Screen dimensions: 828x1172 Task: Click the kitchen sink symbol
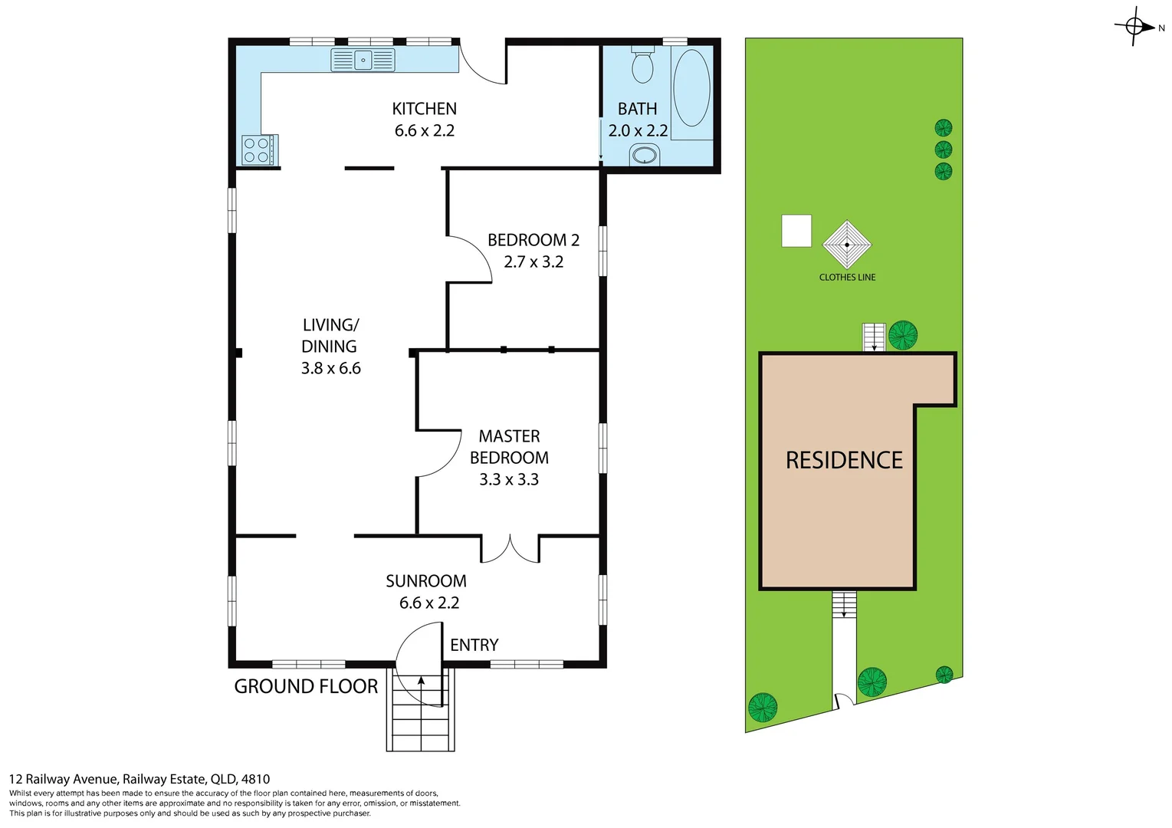pyautogui.click(x=363, y=60)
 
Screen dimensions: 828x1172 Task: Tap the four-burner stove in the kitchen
pyautogui.click(x=258, y=149)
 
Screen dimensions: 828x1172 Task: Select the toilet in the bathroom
pyautogui.click(x=642, y=65)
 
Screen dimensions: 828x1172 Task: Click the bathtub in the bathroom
pyautogui.click(x=691, y=88)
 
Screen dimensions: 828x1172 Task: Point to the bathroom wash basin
pyautogui.click(x=645, y=156)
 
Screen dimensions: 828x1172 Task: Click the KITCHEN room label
pyautogui.click(x=424, y=109)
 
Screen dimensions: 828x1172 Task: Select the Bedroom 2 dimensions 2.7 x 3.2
pyautogui.click(x=533, y=262)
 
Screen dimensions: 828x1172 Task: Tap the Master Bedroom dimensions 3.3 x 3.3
pyautogui.click(x=509, y=480)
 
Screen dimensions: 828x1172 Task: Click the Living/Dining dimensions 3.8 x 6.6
pyautogui.click(x=330, y=369)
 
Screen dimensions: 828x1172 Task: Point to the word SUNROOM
pyautogui.click(x=425, y=581)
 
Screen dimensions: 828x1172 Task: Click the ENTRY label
pyautogui.click(x=474, y=646)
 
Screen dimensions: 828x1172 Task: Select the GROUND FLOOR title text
pyautogui.click(x=306, y=687)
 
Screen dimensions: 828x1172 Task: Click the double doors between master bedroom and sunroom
pyautogui.click(x=510, y=548)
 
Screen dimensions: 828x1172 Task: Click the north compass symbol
pyautogui.click(x=1136, y=28)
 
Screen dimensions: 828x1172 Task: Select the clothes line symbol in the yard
pyautogui.click(x=847, y=245)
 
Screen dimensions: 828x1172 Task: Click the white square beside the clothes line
pyautogui.click(x=796, y=231)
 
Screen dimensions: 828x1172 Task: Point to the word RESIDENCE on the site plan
pyautogui.click(x=844, y=460)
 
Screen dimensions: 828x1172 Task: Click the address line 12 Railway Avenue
pyautogui.click(x=140, y=779)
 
